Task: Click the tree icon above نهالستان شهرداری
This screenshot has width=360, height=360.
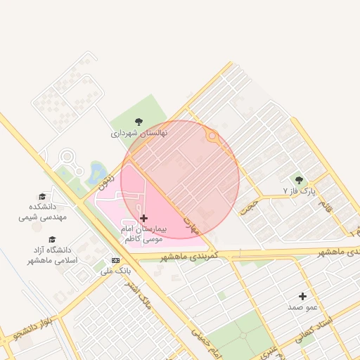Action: [139, 122]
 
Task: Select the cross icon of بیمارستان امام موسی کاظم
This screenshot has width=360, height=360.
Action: [144, 219]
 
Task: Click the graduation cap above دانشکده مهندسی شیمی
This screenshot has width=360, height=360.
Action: [42, 196]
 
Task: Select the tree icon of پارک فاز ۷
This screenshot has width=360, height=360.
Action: [299, 180]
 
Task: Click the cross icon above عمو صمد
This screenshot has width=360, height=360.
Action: [303, 296]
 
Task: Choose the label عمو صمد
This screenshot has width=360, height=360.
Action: [303, 307]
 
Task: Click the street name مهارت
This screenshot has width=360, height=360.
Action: [191, 224]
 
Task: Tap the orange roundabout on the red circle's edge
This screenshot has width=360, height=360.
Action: [211, 138]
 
